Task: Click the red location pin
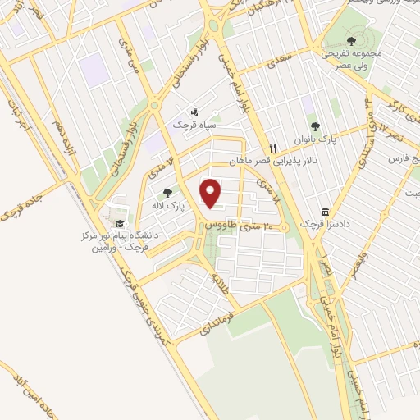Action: click(x=212, y=194)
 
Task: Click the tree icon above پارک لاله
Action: click(x=168, y=192)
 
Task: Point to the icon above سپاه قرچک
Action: click(x=194, y=112)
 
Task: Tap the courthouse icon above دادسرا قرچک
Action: click(x=326, y=211)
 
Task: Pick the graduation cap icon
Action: click(x=120, y=223)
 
